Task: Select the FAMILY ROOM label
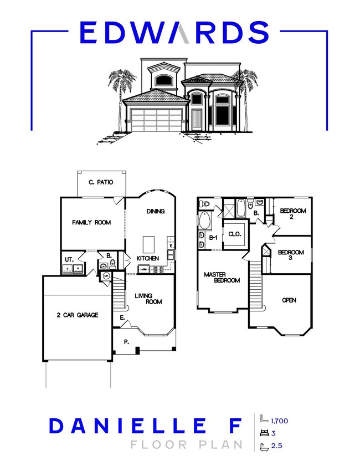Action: tap(91, 222)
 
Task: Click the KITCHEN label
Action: tap(148, 259)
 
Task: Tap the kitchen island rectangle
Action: tap(148, 244)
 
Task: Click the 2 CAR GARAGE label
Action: tap(77, 315)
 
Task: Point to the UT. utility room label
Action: tap(69, 259)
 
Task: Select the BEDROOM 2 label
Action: tap(290, 213)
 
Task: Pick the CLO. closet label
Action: tap(235, 234)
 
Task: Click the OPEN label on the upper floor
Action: tap(289, 300)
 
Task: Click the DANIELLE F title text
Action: tap(146, 426)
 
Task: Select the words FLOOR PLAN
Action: tap(186, 444)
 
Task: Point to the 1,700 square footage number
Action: tap(279, 421)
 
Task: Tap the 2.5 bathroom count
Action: tap(276, 445)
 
